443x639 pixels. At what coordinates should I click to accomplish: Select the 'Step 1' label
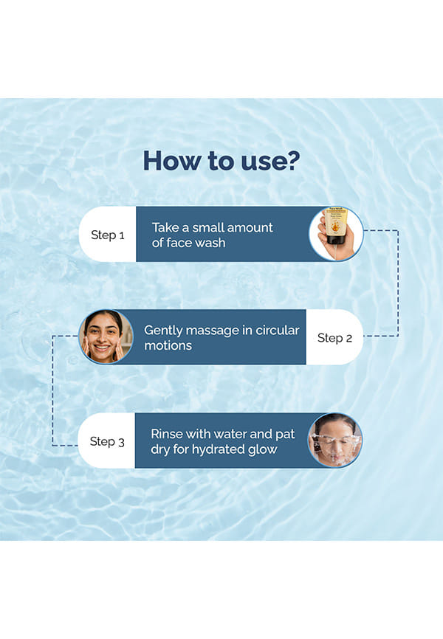(107, 235)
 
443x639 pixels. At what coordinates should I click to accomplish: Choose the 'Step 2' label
(334, 338)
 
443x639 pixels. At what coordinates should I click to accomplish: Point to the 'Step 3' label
(107, 441)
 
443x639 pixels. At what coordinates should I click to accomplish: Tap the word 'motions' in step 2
(168, 345)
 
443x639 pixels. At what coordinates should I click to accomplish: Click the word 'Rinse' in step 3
(165, 434)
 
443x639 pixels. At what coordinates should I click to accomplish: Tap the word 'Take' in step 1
(165, 227)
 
